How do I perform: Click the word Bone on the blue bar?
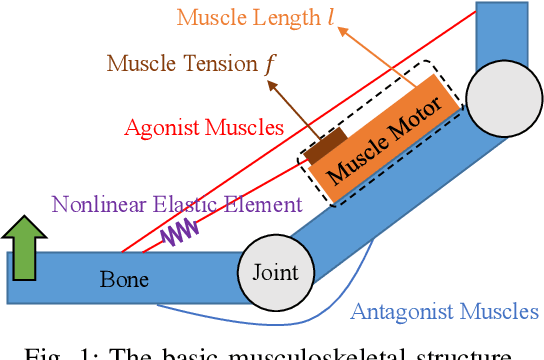coord(124,279)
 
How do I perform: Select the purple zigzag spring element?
coord(182,232)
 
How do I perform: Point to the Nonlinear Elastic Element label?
coord(175,204)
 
